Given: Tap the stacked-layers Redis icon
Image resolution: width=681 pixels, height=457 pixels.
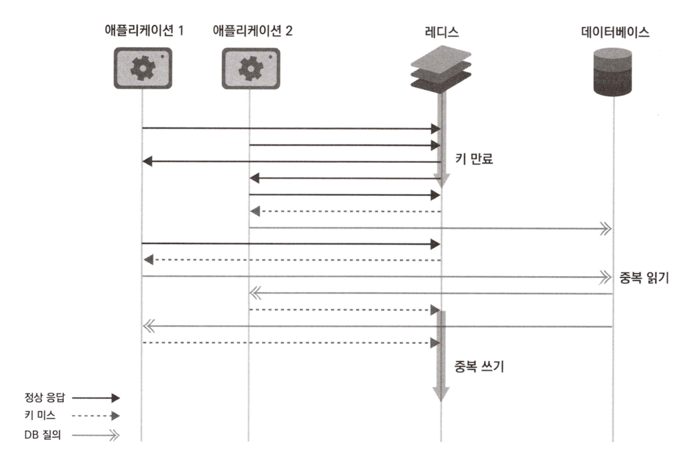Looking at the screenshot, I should point(441,69).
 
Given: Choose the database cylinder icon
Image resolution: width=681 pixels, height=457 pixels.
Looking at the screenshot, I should point(613,72).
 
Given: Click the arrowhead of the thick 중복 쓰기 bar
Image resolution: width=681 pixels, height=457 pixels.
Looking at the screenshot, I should point(441,394).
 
